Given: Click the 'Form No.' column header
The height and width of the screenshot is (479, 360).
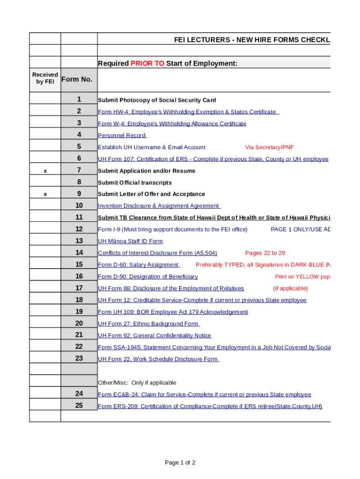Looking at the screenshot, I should coord(77,79).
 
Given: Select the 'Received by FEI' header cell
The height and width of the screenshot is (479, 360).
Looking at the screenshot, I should coord(45,78).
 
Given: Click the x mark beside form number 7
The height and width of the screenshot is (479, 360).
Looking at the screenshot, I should coord(45,171).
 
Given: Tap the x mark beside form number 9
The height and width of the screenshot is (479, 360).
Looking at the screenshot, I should coord(45,194).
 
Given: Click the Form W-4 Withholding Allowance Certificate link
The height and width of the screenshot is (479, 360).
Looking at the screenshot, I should coord(172,123).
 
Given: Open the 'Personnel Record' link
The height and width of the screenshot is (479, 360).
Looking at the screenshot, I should coord(122,136).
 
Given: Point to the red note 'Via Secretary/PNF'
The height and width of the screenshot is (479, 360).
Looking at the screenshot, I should coord(269,147).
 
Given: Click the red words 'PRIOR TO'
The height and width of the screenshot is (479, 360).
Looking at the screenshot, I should coord(147,64).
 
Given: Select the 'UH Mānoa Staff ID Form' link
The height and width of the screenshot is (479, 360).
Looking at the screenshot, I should coord(130,241).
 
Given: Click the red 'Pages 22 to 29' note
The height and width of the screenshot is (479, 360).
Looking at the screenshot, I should coord(265,253).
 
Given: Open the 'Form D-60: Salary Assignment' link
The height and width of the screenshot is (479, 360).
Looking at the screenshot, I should coord(138,265).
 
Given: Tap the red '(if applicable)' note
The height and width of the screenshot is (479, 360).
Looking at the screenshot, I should coord(290,288).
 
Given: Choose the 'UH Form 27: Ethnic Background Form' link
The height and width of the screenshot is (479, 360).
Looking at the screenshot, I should coord(149,324).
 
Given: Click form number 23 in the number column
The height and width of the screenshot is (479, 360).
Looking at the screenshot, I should coord(79,358).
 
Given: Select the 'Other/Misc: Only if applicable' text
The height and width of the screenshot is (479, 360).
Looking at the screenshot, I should coord(137,383).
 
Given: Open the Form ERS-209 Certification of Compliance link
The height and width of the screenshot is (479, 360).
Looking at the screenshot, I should coord(210,406).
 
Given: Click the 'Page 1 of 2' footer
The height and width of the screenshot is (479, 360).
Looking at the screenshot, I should coord(180,463).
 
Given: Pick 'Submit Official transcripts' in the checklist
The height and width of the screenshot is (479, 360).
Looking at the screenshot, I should coord(135,182).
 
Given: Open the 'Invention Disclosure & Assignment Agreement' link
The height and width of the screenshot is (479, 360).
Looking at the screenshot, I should coord(159,206).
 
